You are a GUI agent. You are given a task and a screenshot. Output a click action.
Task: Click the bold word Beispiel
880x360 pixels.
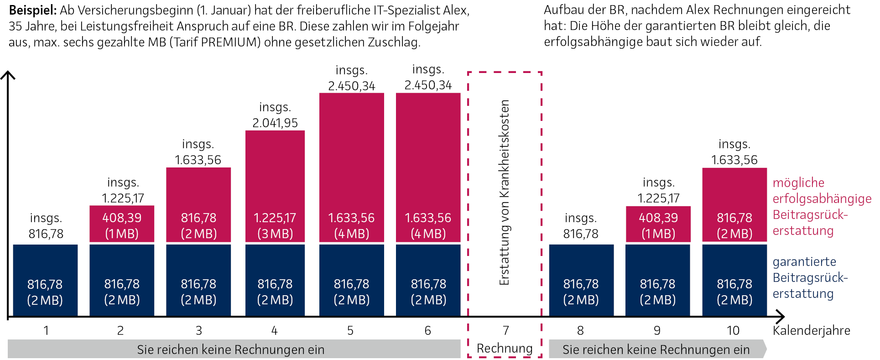(32, 10)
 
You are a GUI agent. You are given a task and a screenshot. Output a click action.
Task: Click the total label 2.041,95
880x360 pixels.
(275, 123)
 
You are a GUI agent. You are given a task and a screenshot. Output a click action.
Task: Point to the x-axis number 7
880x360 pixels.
(505, 330)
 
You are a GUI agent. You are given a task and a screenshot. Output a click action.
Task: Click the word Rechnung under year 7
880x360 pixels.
(505, 349)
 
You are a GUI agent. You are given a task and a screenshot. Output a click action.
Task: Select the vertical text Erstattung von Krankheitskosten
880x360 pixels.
(504, 193)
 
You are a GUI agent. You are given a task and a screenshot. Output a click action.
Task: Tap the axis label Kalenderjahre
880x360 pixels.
(811, 330)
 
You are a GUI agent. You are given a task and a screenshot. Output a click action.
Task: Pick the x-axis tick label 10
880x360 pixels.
(733, 330)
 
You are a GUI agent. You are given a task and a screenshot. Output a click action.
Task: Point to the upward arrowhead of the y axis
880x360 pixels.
(8, 75)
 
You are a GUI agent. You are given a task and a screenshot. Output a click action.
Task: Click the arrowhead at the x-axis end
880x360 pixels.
(780, 316)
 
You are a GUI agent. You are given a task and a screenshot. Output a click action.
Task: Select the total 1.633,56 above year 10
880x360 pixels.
(734, 160)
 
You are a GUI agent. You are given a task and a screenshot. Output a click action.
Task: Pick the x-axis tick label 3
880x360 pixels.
(198, 330)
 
